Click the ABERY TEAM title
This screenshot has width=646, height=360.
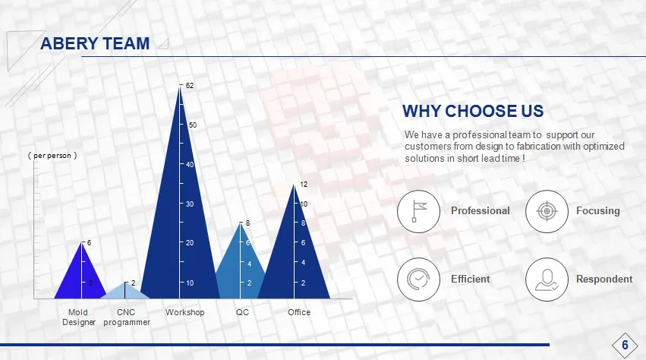coord(95,43)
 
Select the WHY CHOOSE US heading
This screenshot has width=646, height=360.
coord(473,111)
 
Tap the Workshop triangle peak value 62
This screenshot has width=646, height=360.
coord(190,86)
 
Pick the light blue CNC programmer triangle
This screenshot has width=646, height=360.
coord(124,291)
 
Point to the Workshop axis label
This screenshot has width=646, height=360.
coord(185,312)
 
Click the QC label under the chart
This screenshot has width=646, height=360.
coord(242,312)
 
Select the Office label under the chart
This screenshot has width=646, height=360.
coord(299,312)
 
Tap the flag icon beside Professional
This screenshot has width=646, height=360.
coord(418,212)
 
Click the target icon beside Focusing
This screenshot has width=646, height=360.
coord(547,212)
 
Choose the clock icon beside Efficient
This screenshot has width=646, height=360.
coord(418,279)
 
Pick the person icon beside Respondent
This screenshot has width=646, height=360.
coord(547,279)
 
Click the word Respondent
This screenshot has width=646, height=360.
coord(604,279)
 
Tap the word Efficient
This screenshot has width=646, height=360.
coord(470,279)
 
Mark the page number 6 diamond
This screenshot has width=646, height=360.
coord(625,345)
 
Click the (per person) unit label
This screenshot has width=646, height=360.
coord(52,156)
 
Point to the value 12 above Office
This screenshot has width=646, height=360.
coord(304,185)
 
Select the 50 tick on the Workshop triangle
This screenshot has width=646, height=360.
coord(192,125)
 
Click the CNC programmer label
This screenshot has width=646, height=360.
coord(127,317)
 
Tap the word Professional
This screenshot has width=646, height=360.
coord(480,210)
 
